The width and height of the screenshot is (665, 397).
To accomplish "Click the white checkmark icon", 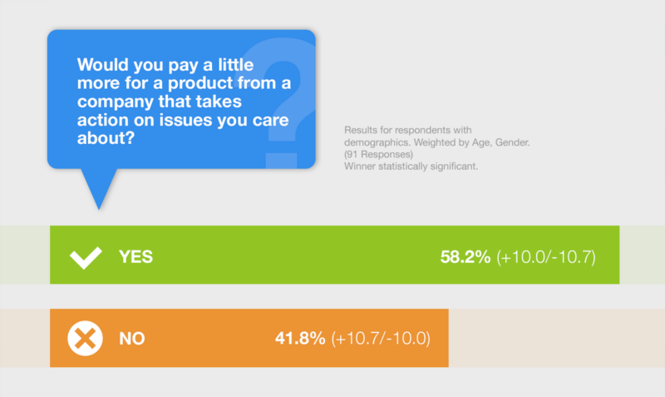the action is [x=86, y=257].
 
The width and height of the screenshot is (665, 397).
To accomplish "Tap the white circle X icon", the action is [x=85, y=338].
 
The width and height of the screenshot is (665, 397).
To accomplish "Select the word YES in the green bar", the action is [x=135, y=257].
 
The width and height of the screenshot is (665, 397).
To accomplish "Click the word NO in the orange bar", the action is [x=132, y=339].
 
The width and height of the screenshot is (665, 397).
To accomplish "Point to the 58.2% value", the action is [x=465, y=257].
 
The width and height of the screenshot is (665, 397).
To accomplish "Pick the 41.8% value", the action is [x=300, y=339].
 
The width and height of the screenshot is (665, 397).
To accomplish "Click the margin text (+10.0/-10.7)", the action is [x=546, y=257].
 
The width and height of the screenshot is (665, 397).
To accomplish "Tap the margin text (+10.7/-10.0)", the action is [x=381, y=339].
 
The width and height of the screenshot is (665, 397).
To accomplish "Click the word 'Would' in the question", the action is [x=103, y=65].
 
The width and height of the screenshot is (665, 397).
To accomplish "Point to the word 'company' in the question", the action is [x=116, y=102].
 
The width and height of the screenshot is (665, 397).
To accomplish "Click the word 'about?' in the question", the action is [x=106, y=137].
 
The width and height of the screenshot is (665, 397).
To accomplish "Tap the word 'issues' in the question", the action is [x=185, y=120].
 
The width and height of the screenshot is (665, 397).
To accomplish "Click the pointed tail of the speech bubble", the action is [x=99, y=209].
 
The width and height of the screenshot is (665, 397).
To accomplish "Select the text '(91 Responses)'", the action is [x=378, y=154].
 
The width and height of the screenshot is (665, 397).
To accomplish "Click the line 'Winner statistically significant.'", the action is [x=411, y=166].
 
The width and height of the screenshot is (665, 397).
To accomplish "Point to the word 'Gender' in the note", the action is [x=512, y=142].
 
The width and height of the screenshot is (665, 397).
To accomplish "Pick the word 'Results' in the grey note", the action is [x=360, y=130].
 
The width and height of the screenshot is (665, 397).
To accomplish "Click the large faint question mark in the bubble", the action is [x=282, y=102].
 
